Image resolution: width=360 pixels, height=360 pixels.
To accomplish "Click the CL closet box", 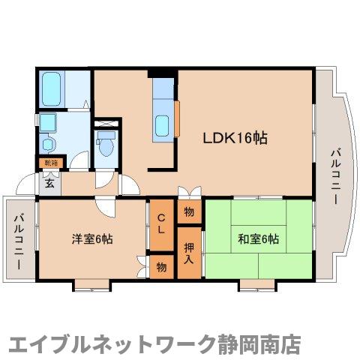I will click(x=161, y=224).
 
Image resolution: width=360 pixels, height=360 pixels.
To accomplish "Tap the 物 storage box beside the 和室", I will click(x=189, y=212).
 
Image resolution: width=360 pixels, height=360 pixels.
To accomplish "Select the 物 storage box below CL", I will click(x=161, y=266).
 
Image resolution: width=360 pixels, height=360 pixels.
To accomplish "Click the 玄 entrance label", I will click(x=49, y=182).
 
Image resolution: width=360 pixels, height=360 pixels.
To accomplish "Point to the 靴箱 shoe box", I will click(x=50, y=162).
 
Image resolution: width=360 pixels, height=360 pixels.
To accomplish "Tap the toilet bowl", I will click(x=105, y=145).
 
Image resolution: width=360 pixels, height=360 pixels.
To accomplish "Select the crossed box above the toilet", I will click(x=106, y=122).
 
